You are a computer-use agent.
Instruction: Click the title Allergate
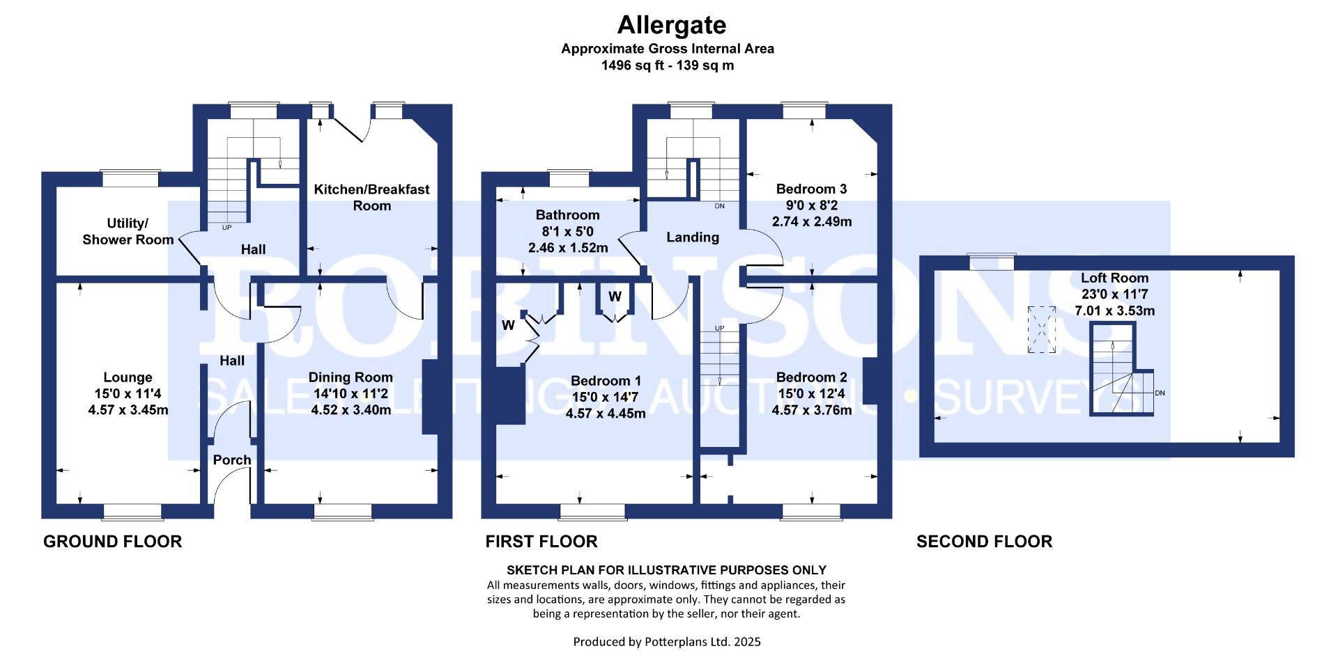(672, 26)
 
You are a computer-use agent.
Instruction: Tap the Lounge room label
(128, 378)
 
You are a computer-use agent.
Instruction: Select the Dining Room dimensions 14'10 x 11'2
(351, 394)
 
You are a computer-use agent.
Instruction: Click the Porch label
(232, 460)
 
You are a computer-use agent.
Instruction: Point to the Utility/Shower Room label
(128, 232)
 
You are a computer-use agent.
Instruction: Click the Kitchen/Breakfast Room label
(371, 198)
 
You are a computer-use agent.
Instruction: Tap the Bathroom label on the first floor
(567, 215)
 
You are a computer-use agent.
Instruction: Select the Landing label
(692, 237)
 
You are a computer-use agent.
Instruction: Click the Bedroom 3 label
(811, 189)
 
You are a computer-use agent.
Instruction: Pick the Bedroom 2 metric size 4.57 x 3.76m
(811, 411)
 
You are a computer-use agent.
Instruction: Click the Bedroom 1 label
(606, 381)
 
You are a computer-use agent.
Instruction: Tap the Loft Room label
(1114, 278)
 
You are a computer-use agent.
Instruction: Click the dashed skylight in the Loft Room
(1041, 330)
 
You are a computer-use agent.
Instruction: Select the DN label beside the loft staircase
(1160, 393)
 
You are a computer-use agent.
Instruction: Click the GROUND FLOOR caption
(112, 542)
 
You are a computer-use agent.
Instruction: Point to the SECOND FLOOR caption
(984, 542)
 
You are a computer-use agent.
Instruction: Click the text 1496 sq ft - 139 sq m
(667, 65)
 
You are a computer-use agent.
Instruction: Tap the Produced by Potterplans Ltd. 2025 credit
(667, 642)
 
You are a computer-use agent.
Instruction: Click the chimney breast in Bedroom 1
(509, 395)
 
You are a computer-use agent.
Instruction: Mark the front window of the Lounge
(132, 512)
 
